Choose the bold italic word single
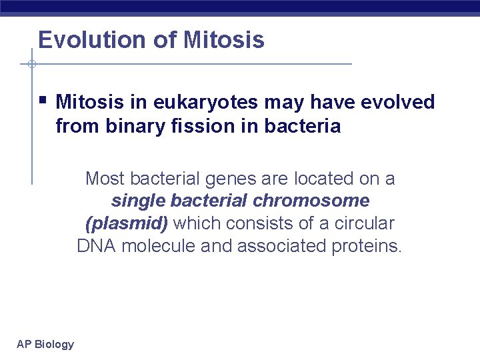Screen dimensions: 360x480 coord(137,201)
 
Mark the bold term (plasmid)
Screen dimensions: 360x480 coord(127,223)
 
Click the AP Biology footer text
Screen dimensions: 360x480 coord(45,344)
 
